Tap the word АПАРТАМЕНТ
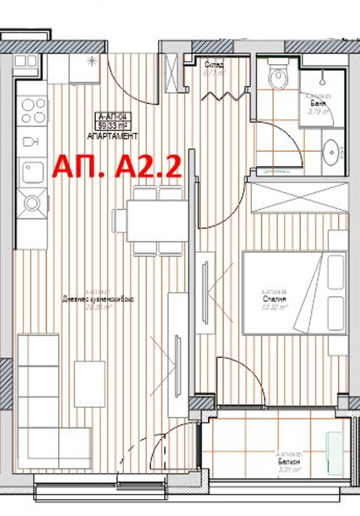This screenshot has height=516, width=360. [x=113, y=136]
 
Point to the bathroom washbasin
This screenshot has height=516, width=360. [x=334, y=151]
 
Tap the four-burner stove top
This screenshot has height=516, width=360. [x=31, y=111]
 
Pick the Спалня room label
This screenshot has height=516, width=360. [x=271, y=299]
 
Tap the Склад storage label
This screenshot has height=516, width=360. [x=214, y=65]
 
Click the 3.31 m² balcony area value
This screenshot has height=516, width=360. [x=284, y=471]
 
